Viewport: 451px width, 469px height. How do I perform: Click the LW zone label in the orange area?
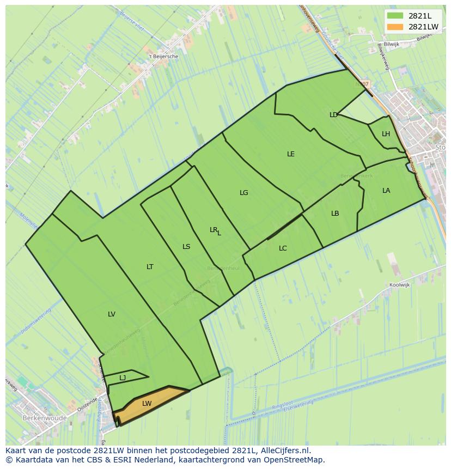147,404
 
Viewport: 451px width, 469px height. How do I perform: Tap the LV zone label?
112,314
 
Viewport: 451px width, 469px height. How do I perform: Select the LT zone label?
150,267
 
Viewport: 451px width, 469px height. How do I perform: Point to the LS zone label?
186,247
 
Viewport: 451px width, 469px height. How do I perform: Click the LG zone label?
243,193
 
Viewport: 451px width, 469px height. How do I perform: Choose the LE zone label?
291,154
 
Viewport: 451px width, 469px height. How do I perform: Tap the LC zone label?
283,248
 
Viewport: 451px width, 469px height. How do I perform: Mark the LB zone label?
335,214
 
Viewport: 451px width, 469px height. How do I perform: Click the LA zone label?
386,191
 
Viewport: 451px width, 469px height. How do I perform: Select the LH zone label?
386,134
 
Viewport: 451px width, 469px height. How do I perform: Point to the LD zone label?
333,115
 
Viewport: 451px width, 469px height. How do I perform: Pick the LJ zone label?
123,377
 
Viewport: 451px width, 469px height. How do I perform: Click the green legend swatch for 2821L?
395,16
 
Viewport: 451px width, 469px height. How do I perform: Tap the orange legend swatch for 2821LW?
395,27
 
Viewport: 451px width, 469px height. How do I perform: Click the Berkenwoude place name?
45,418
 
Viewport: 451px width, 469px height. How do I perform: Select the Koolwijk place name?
399,285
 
